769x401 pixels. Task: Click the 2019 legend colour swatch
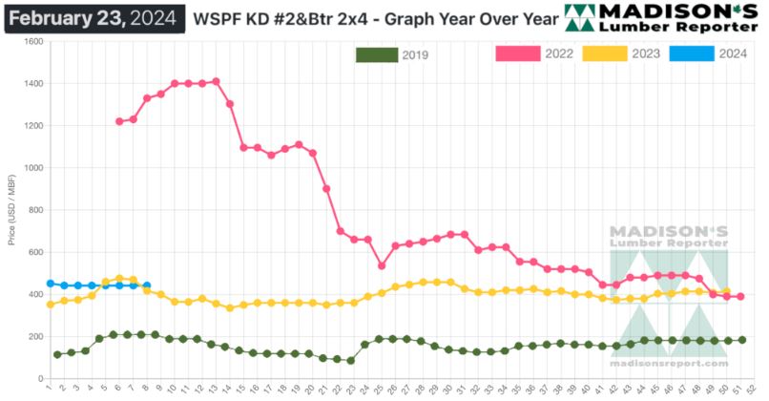click(x=377, y=54)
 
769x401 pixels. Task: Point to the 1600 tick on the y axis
click(x=34, y=42)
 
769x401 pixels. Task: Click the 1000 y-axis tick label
click(x=34, y=168)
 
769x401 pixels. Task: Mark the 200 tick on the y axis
click(x=37, y=336)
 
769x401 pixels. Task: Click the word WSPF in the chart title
click(x=217, y=18)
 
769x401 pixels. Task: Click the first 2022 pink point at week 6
click(x=119, y=121)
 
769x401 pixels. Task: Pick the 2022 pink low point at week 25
click(x=382, y=265)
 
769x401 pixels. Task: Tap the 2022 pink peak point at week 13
click(x=217, y=81)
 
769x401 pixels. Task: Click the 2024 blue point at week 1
click(x=50, y=284)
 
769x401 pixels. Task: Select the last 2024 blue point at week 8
click(x=146, y=285)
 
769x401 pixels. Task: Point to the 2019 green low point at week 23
click(x=351, y=361)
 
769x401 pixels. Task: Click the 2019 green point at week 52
click(x=741, y=340)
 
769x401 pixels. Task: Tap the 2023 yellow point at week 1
click(x=50, y=305)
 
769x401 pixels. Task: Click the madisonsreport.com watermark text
click(x=668, y=363)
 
